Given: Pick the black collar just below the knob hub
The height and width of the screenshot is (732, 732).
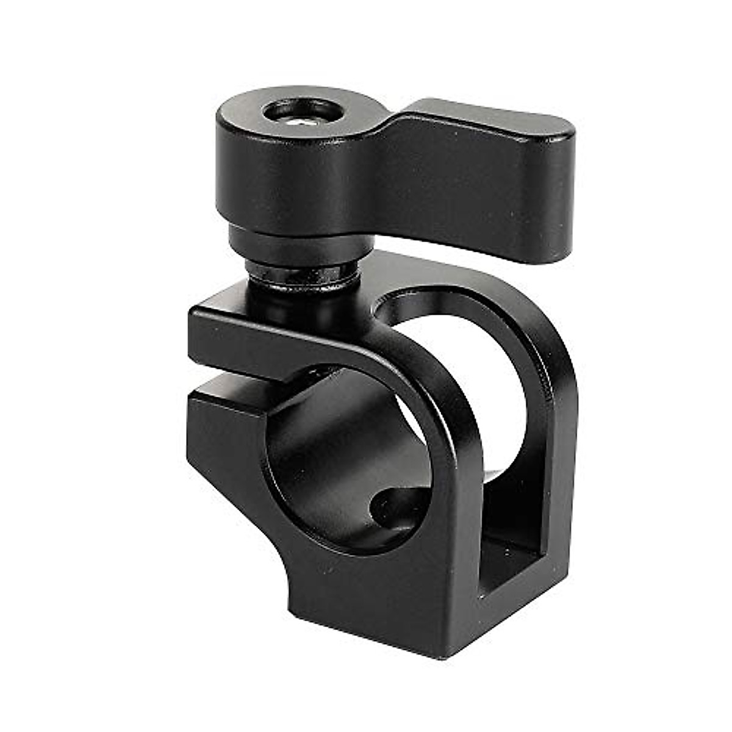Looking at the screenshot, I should pyautogui.click(x=287, y=241).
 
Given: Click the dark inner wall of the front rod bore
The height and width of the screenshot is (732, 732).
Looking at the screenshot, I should pyautogui.click(x=329, y=464).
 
